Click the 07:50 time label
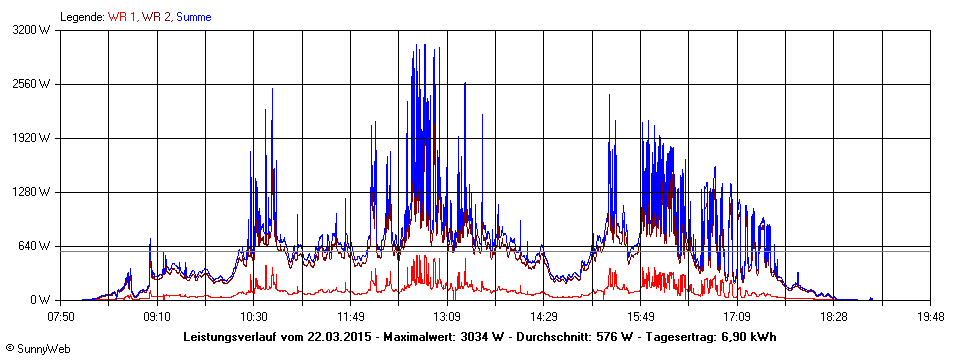pyautogui.click(x=61, y=316)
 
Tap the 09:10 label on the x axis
pyautogui.click(x=157, y=316)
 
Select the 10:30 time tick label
pyautogui.click(x=254, y=316)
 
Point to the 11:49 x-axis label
pyautogui.click(x=350, y=316)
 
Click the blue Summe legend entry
pyautogui.click(x=194, y=16)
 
